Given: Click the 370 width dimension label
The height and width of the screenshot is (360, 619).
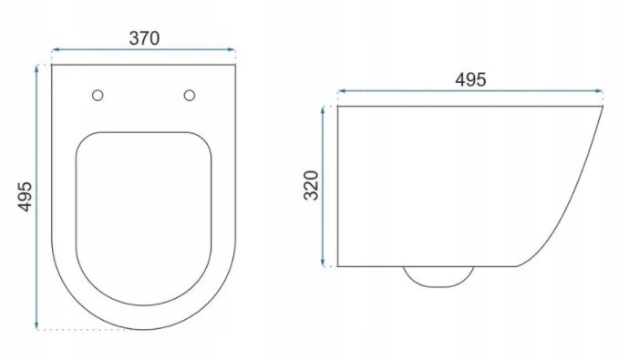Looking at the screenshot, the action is click(144, 38).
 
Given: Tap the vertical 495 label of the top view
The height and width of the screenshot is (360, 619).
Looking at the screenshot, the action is click(26, 197).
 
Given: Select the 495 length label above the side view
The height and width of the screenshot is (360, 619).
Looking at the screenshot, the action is click(470, 79).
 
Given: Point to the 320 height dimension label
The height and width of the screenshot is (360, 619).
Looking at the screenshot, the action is click(311, 186).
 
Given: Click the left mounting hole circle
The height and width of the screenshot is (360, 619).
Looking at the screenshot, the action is click(98, 95).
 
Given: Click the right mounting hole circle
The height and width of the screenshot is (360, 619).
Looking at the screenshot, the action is click(190, 95).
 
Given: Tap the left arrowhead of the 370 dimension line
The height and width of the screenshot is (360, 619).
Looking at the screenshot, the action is click(56, 50).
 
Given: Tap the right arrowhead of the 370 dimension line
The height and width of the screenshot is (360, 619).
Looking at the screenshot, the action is click(232, 50).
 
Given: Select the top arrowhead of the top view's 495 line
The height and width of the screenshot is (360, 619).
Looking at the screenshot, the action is click(36, 68).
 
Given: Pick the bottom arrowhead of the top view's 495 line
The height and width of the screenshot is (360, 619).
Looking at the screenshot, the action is click(36, 324).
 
